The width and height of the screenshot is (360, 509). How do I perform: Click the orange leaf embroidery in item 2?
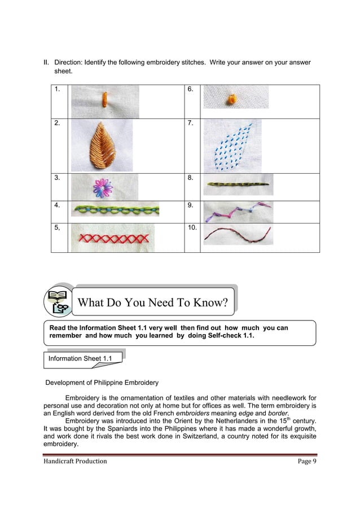pos(102,145)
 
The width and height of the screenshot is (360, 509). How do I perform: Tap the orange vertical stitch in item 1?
pos(104,99)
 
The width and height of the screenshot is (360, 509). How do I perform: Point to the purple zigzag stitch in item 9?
pos(236,212)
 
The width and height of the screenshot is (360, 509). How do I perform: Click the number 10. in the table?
pos(192,227)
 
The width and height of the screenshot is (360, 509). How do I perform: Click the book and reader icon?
pos(58,301)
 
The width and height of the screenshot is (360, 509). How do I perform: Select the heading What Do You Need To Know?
pos(152,303)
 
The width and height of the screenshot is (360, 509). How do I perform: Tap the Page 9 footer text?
pos(308,461)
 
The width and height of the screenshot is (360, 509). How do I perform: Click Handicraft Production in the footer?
pos(74,461)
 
